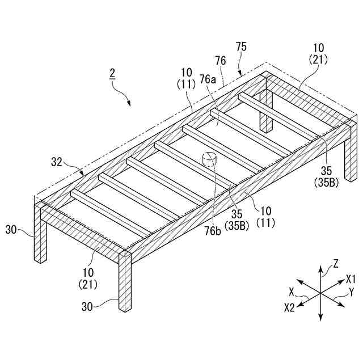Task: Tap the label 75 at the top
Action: click(x=241, y=47)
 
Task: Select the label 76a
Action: click(x=207, y=80)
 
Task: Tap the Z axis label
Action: click(x=336, y=263)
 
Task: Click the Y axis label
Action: click(x=351, y=293)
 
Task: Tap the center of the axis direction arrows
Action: click(x=321, y=294)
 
